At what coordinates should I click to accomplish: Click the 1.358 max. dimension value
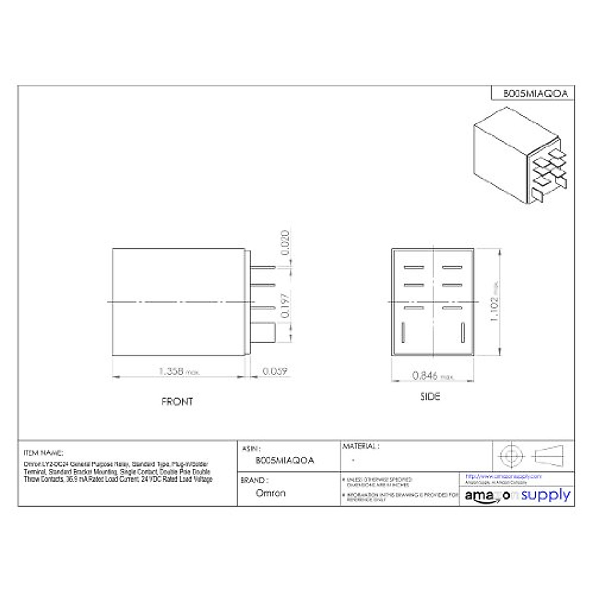click(179, 371)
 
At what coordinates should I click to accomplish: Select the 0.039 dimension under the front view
click(275, 371)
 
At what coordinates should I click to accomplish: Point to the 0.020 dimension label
click(285, 243)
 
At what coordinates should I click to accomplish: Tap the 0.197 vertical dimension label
click(285, 305)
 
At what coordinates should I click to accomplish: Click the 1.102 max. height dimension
click(494, 302)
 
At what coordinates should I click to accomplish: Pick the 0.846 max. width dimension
click(432, 376)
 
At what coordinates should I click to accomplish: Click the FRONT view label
click(177, 401)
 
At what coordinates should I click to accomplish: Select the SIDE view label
click(430, 396)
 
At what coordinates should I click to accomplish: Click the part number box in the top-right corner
click(533, 93)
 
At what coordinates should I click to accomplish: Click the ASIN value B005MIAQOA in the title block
click(285, 460)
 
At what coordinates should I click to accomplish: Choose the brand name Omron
click(270, 493)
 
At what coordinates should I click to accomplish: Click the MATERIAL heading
click(361, 446)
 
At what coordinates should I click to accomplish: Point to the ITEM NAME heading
click(44, 452)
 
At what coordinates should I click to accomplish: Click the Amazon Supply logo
click(517, 495)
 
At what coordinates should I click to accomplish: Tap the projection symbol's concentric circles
click(511, 455)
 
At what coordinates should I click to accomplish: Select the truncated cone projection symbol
click(549, 455)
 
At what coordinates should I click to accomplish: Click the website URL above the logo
click(503, 476)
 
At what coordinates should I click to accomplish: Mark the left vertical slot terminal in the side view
click(403, 332)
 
